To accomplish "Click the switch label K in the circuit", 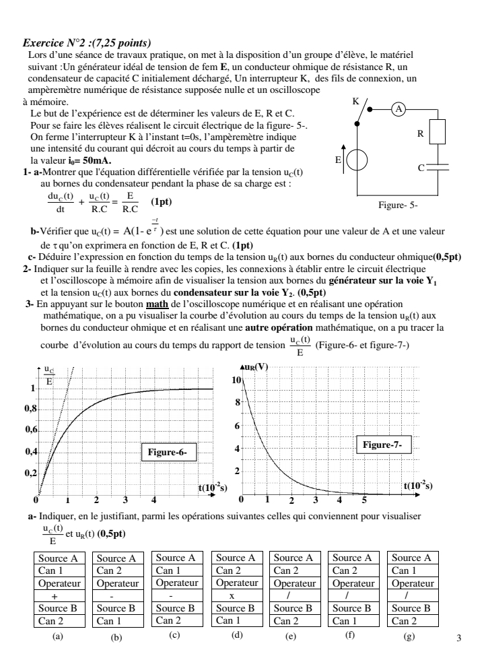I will click(356, 102).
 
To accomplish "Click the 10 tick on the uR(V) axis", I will click(236, 381).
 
